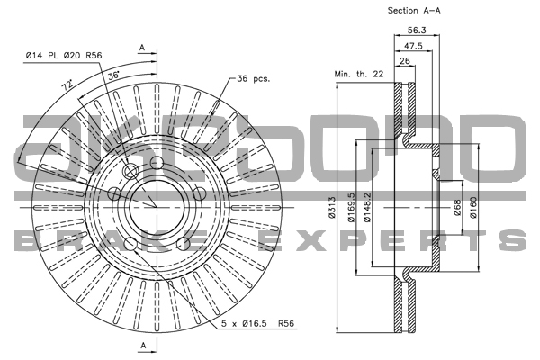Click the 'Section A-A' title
coord(414,11)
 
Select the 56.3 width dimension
coord(417,31)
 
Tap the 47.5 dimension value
coord(413,46)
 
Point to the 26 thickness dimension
coord(405,61)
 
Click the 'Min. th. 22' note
coord(359,74)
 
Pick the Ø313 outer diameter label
coord(332,207)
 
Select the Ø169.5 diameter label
coord(352,207)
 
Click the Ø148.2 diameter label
coord(368,207)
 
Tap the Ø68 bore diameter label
coord(457,208)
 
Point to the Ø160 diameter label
coord(474,207)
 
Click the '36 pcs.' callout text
coord(254,79)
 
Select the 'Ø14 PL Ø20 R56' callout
coord(64,56)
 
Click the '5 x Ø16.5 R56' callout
coord(258,323)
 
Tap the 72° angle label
coord(67,85)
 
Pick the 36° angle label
coord(113,76)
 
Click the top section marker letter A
coord(142,49)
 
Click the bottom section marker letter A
coord(144,346)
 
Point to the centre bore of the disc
coord(157,207)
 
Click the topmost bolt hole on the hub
coord(157,162)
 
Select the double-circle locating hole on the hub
coord(130,171)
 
